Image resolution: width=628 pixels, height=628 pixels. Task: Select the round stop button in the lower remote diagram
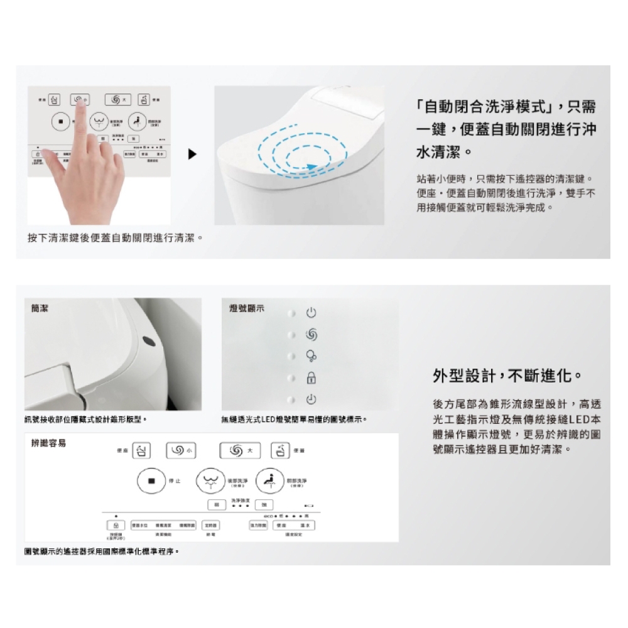point(151,481)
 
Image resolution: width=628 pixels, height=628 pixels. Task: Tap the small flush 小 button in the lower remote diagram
point(178,450)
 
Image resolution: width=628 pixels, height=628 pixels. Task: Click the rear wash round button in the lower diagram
point(210,481)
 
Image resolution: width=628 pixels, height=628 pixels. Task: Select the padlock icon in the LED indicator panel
point(311,378)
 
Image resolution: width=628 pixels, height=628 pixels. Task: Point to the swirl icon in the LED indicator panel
point(311,335)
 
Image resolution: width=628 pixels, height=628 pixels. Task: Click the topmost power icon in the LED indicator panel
point(311,313)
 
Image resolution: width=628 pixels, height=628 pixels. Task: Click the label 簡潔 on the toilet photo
point(39,308)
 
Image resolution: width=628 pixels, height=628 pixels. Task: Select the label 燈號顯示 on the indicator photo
point(247,308)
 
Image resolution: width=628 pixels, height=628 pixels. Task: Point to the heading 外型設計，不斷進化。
point(507,376)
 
